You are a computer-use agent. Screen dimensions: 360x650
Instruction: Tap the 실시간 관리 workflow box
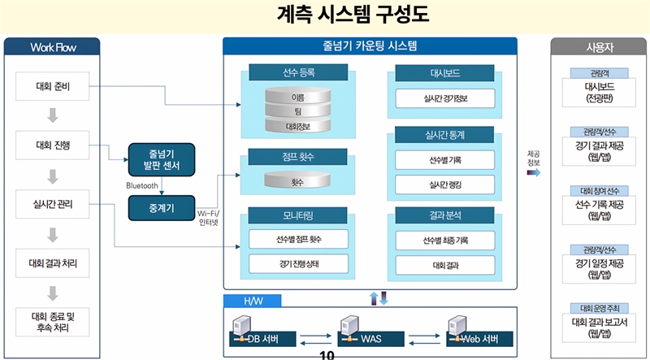tap(52, 204)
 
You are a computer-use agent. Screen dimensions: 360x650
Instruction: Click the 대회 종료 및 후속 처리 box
tap(52, 321)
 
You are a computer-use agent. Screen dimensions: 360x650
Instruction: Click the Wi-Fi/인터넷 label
tap(209, 218)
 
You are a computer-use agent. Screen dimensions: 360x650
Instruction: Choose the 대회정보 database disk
tap(297, 126)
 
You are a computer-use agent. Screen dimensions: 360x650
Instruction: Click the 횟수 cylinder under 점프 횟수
tap(297, 182)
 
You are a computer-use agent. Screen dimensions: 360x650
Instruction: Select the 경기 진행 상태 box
tap(297, 264)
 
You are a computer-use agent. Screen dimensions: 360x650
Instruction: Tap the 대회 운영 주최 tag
tap(599, 309)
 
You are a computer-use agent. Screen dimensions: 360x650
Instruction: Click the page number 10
tap(327, 354)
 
